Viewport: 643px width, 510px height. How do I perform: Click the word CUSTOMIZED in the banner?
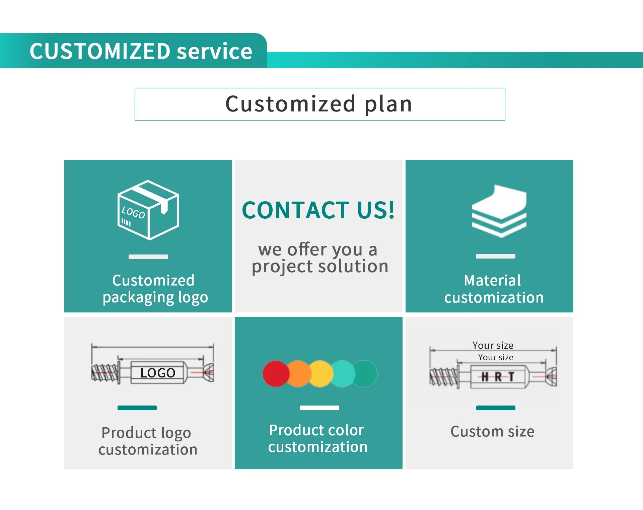pyautogui.click(x=100, y=52)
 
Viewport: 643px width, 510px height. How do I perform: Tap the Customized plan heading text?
pyautogui.click(x=319, y=104)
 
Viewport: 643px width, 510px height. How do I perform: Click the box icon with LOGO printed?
pyautogui.click(x=148, y=210)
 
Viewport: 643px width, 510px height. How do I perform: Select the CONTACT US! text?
pyautogui.click(x=318, y=211)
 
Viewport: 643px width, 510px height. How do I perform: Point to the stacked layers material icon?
pyautogui.click(x=499, y=211)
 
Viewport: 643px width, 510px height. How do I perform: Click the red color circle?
pyautogui.click(x=276, y=374)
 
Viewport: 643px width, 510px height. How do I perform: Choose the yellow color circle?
pyautogui.click(x=321, y=374)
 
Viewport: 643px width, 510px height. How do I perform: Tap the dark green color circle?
pyautogui.click(x=366, y=374)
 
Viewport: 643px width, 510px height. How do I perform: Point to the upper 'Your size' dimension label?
pyautogui.click(x=493, y=345)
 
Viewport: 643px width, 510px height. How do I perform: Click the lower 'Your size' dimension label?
pyautogui.click(x=496, y=357)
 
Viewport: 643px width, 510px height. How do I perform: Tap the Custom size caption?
pyautogui.click(x=492, y=431)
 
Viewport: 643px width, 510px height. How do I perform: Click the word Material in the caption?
pyautogui.click(x=492, y=281)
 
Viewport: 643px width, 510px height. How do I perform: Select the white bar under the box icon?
pyautogui.click(x=148, y=257)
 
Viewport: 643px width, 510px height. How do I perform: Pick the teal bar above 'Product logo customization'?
pyautogui.click(x=137, y=408)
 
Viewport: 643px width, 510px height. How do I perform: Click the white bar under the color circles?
pyautogui.click(x=319, y=408)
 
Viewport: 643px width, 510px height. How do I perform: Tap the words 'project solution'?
pyautogui.click(x=320, y=267)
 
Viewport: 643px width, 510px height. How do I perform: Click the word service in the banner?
pyautogui.click(x=214, y=52)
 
